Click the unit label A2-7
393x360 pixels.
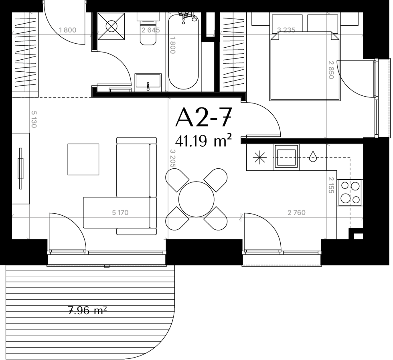pyautogui.click(x=203, y=117)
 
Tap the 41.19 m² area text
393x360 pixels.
pyautogui.click(x=203, y=141)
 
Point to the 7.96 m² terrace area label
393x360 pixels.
pyautogui.click(x=87, y=311)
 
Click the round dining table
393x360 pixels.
pyautogui.click(x=196, y=199)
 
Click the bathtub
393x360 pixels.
pyautogui.click(x=184, y=52)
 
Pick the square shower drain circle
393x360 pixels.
pyautogui.click(x=111, y=26)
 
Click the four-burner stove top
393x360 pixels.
pyautogui.click(x=350, y=193)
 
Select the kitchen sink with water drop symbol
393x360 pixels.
pyautogui.click(x=313, y=156)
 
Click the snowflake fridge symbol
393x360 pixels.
pyautogui.click(x=260, y=158)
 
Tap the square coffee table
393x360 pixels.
pyautogui.click(x=83, y=159)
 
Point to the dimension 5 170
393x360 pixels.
pyautogui.click(x=120, y=213)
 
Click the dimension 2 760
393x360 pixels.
pyautogui.click(x=296, y=213)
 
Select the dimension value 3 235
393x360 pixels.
pyautogui.click(x=286, y=30)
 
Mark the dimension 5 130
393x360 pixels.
pyautogui.click(x=34, y=119)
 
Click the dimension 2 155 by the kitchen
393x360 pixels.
pyautogui.click(x=331, y=185)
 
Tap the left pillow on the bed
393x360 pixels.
pyautogui.click(x=287, y=24)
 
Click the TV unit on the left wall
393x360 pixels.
pyautogui.click(x=20, y=168)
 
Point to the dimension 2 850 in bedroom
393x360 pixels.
pyautogui.click(x=331, y=70)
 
